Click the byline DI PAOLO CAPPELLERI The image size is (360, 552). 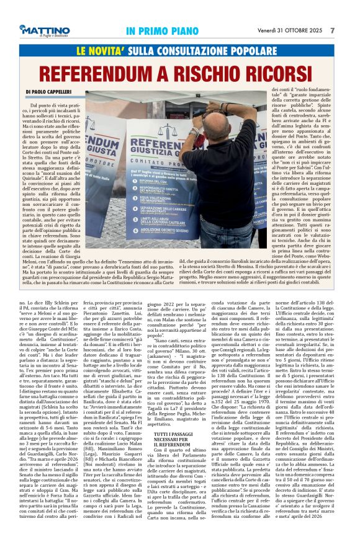click(51, 92)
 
